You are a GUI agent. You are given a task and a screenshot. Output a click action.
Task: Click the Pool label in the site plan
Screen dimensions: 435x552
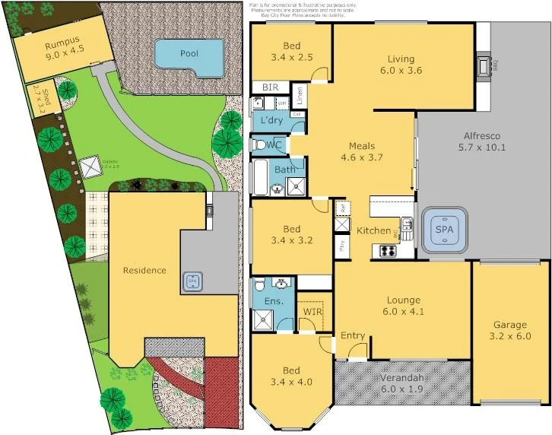pos(189,53)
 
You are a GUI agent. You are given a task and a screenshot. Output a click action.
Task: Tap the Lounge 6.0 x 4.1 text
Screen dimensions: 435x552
pos(403,304)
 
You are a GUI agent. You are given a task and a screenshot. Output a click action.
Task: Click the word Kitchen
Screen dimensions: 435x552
pos(373,230)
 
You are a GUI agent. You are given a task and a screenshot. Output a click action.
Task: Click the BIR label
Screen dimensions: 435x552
pos(270,87)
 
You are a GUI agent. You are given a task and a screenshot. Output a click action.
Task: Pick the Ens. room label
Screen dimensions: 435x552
pos(273,301)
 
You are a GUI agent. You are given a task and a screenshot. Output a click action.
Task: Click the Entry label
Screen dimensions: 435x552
pos(352,335)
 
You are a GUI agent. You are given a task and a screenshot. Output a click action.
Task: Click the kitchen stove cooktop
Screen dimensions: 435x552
pos(387,252)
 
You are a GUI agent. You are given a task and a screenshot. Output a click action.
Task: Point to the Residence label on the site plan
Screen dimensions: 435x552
pos(144,270)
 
